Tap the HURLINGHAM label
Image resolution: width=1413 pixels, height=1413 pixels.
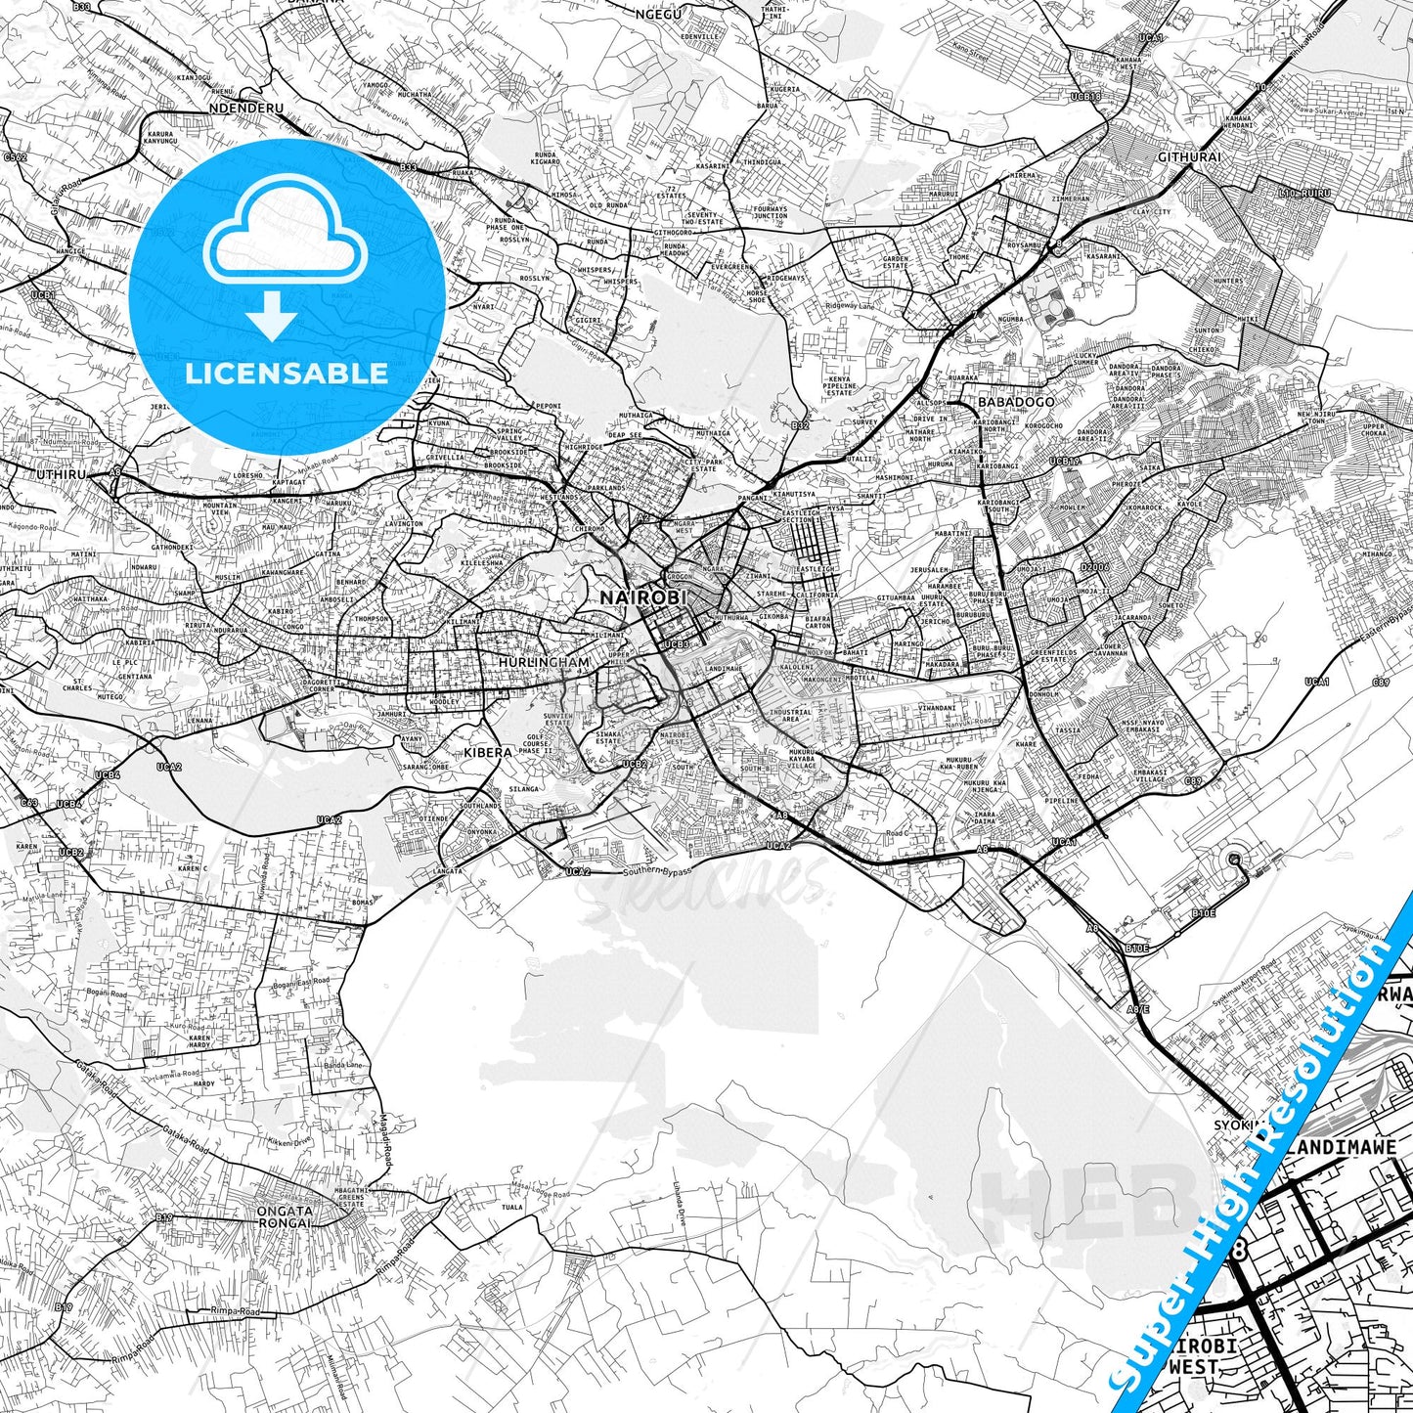pyautogui.click(x=544, y=662)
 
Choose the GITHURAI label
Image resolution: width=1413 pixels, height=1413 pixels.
pyautogui.click(x=1188, y=156)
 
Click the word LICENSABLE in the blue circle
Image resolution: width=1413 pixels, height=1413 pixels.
pyautogui.click(x=286, y=373)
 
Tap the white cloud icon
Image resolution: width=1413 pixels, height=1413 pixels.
pyautogui.click(x=285, y=239)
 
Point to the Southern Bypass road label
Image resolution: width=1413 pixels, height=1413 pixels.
pyautogui.click(x=659, y=870)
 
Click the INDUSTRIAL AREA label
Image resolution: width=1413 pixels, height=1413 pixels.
pyautogui.click(x=790, y=716)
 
